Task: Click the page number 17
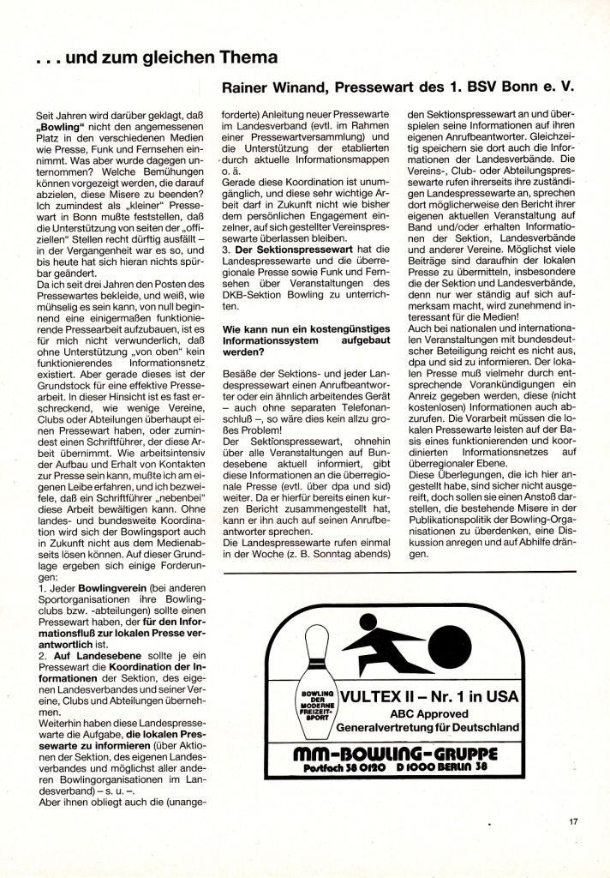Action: pos(573,822)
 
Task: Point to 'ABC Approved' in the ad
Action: pos(430,713)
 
